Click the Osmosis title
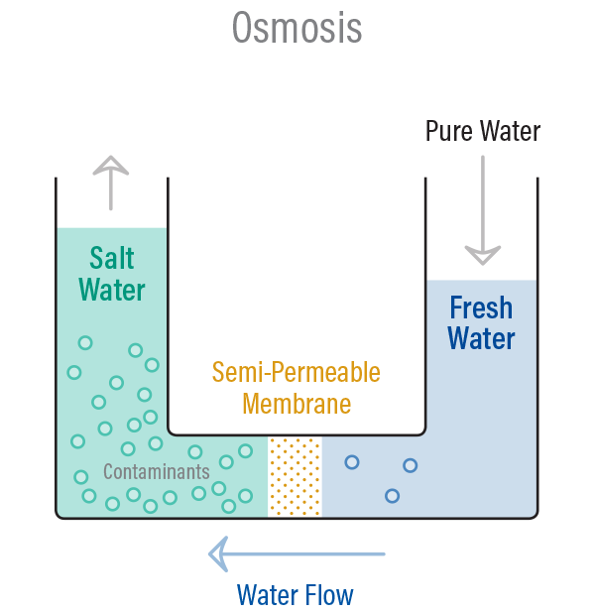tap(297, 28)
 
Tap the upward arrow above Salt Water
tap(111, 183)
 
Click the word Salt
tap(111, 258)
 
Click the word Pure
tap(451, 131)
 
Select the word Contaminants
tap(156, 472)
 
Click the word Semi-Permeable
tap(296, 373)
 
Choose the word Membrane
tap(297, 404)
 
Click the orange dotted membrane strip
tap(296, 476)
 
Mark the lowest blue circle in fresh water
tap(392, 496)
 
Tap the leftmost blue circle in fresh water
tap(350, 461)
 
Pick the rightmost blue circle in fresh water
tap(410, 465)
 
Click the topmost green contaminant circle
tap(85, 343)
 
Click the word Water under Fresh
tap(481, 338)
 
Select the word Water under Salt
tap(111, 290)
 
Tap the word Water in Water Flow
tap(265, 595)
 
